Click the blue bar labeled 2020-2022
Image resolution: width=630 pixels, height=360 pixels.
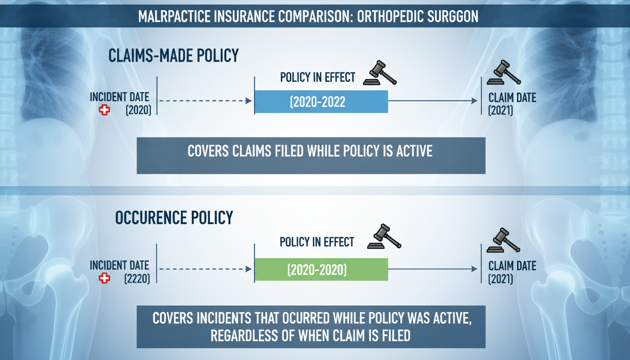(x=321, y=102)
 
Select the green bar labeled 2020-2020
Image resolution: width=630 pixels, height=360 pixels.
(x=321, y=270)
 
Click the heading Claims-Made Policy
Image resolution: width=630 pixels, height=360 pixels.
(x=173, y=56)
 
